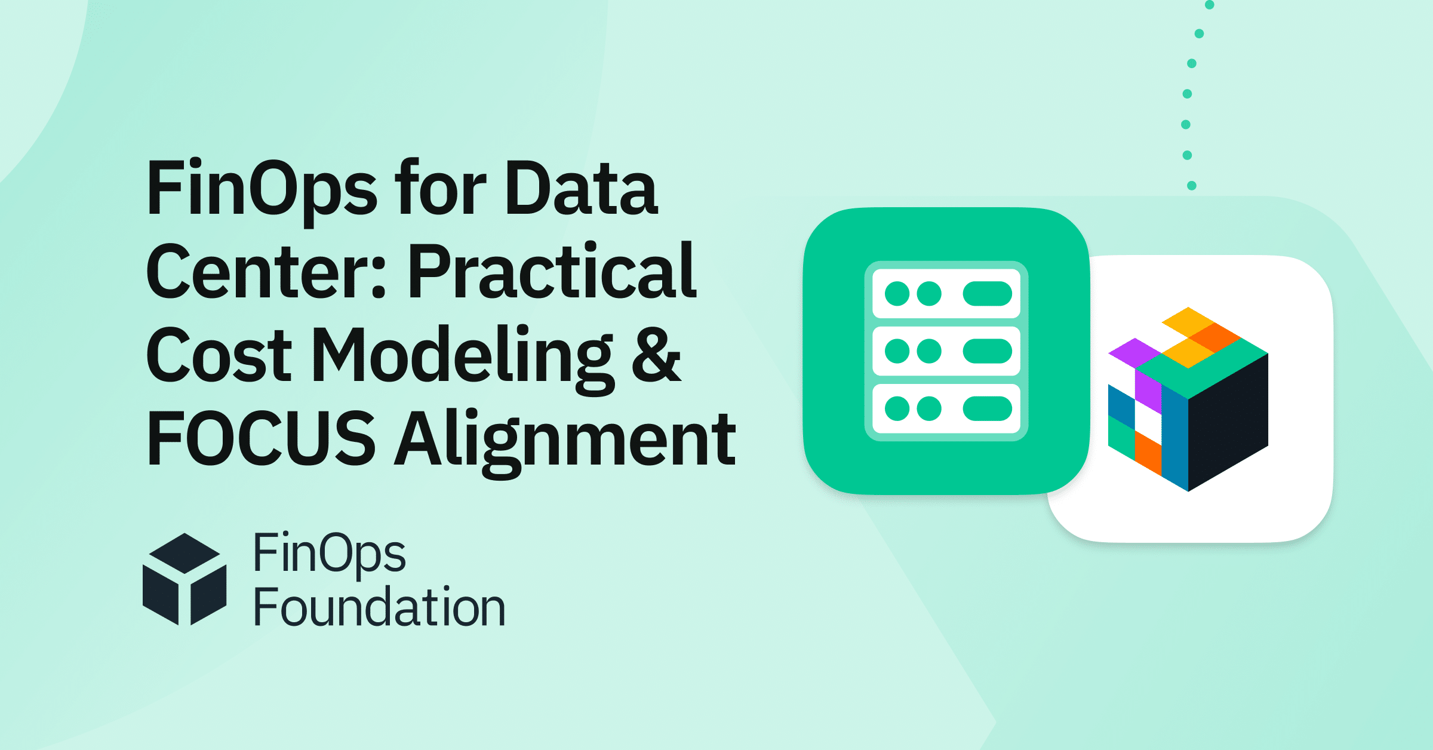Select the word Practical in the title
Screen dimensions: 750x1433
pyautogui.click(x=552, y=271)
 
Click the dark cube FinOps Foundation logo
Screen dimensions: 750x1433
pyautogui.click(x=184, y=579)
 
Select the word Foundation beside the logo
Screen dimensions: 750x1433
pyautogui.click(x=380, y=607)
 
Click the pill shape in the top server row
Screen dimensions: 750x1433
pyautogui.click(x=987, y=294)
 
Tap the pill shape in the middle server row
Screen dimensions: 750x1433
pyautogui.click(x=987, y=351)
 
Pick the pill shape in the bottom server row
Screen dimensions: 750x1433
pyautogui.click(x=987, y=408)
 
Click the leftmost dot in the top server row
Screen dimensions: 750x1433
pyautogui.click(x=897, y=294)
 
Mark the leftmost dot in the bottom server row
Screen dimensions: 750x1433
pyautogui.click(x=897, y=408)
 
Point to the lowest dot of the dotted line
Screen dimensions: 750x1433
pyautogui.click(x=1192, y=186)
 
